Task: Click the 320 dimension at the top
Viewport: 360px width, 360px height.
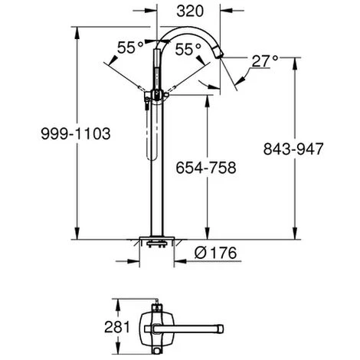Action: coord(190,11)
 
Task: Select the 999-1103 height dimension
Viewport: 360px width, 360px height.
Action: coord(76,133)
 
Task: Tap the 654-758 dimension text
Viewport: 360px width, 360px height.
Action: coord(206,168)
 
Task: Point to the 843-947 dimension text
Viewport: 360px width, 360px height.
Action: coord(293,149)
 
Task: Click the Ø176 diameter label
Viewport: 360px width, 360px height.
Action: coord(215,253)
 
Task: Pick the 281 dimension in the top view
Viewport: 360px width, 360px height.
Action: coord(117,327)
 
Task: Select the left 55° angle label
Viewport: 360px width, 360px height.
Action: coord(130,47)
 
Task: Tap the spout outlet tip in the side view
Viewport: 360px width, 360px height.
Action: coord(221,55)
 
